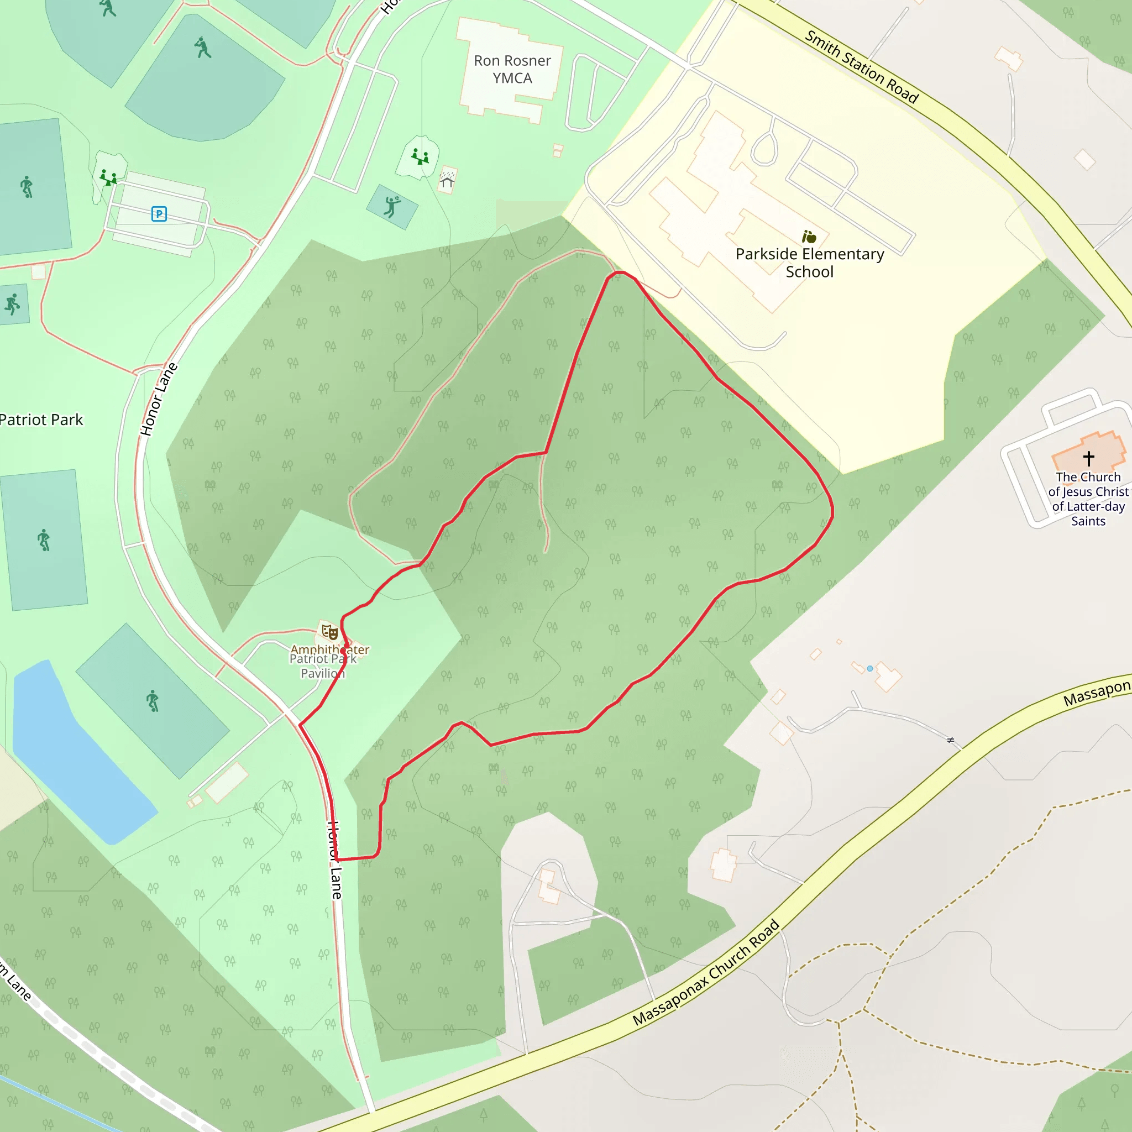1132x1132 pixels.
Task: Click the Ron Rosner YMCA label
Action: pos(512,69)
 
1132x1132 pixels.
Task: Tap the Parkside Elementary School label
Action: pos(810,263)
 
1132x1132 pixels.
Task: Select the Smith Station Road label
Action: pos(861,66)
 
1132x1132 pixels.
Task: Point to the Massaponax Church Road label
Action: pos(706,973)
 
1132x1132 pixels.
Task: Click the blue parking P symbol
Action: pos(159,214)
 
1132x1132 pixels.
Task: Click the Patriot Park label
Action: pos(41,420)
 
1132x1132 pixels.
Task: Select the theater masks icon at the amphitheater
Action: pos(330,633)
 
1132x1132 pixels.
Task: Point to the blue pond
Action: pos(76,756)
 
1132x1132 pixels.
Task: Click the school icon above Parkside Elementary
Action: pos(809,237)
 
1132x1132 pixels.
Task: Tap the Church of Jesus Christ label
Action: pos(1088,499)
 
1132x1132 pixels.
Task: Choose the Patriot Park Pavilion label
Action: pos(323,666)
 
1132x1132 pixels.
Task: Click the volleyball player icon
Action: pos(391,206)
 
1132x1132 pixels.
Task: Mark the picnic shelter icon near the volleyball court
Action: pos(447,179)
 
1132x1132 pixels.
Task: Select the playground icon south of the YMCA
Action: pos(420,156)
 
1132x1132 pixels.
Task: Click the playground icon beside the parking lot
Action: pos(107,177)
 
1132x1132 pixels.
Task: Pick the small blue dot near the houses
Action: pos(870,669)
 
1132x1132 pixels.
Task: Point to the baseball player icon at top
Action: pos(203,48)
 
